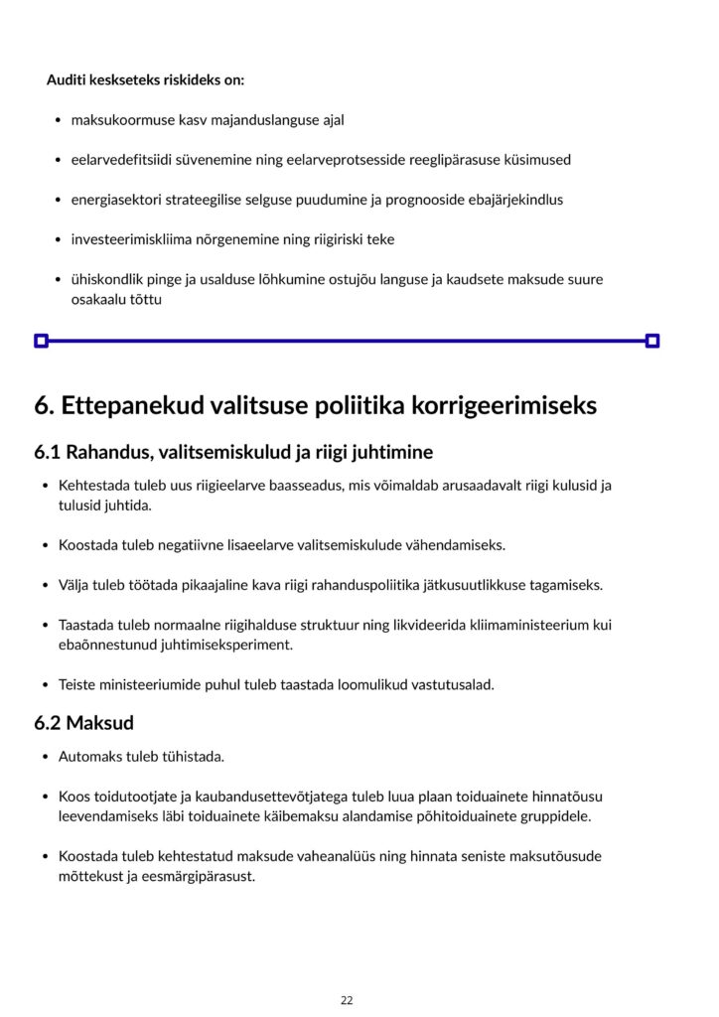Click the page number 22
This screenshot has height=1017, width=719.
[347, 1000]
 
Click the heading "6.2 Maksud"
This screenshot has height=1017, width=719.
[83, 723]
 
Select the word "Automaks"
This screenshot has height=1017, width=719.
[87, 757]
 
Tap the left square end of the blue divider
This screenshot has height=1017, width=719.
[41, 341]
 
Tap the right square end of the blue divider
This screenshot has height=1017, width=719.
[652, 341]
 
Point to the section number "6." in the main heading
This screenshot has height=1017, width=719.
[44, 405]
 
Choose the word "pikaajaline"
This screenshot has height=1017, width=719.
[215, 585]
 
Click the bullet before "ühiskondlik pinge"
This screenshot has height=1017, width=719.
[59, 280]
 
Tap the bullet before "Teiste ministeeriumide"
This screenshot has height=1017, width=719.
[46, 685]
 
